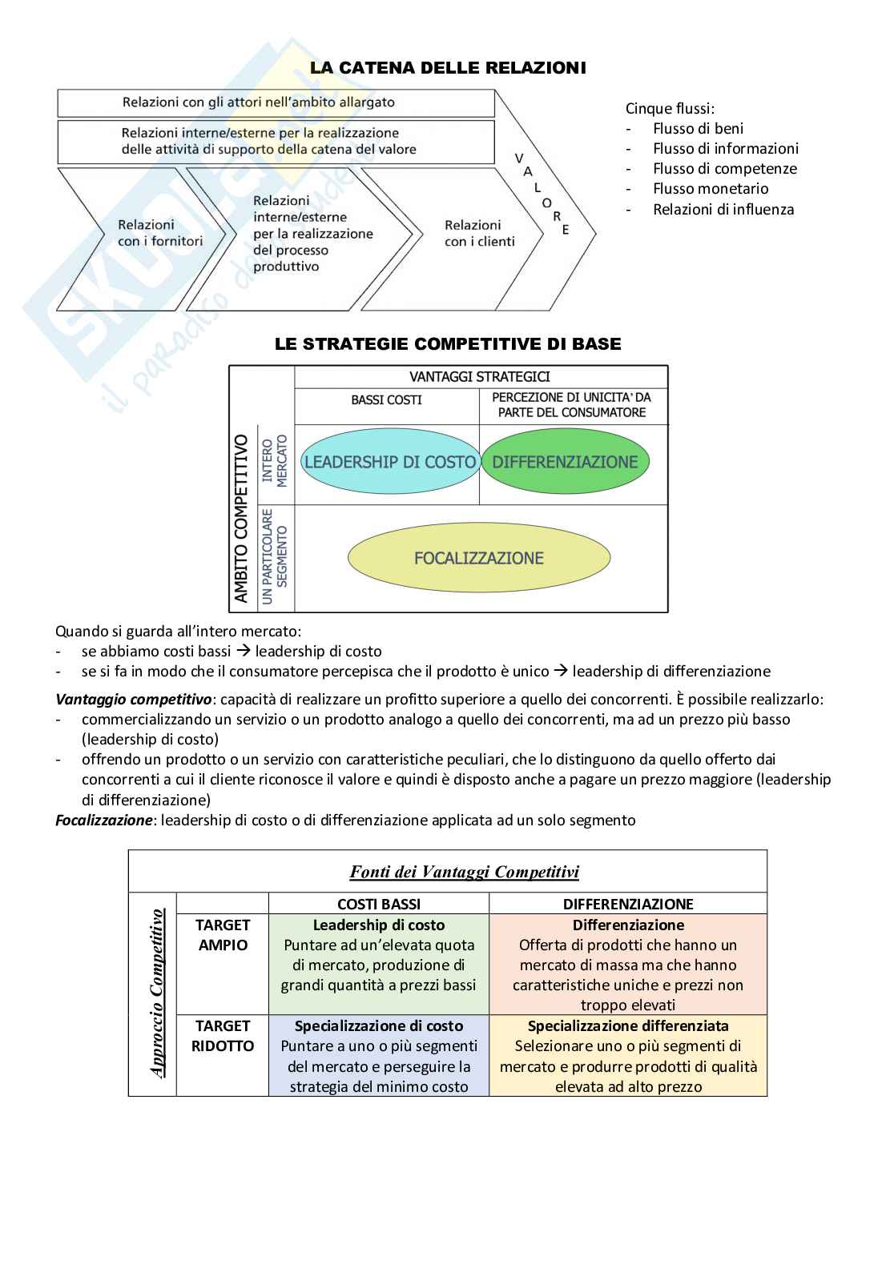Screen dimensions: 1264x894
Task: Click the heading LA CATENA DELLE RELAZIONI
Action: tap(448, 68)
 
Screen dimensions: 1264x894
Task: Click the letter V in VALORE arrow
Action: tap(518, 158)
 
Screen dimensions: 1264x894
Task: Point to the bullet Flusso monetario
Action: tap(710, 189)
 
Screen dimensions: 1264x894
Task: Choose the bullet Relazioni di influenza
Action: tap(723, 210)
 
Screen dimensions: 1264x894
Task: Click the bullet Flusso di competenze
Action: tap(724, 169)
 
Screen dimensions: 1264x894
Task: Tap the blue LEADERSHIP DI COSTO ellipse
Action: tap(390, 462)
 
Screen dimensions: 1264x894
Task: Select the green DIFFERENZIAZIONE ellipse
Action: tap(565, 462)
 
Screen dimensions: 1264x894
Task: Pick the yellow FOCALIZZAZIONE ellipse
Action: tap(478, 558)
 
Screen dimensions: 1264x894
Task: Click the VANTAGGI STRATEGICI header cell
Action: tap(480, 377)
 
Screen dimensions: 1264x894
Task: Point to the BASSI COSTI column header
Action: tap(386, 399)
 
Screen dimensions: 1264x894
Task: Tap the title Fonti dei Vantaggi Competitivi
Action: tap(464, 872)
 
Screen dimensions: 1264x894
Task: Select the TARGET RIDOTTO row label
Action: tap(223, 1036)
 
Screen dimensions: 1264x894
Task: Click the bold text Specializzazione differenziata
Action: tap(628, 1026)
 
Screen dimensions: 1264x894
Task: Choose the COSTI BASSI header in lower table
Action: tap(378, 904)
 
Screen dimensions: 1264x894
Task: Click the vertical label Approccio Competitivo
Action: tap(158, 993)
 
